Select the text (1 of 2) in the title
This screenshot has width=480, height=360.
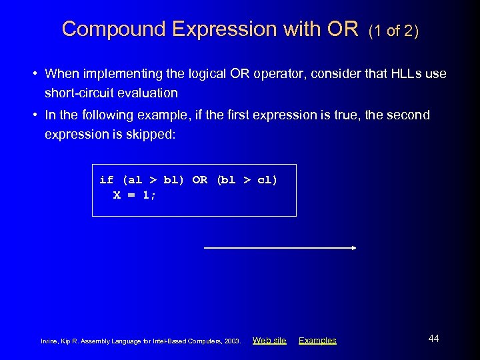point(393,31)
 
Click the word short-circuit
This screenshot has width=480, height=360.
point(79,93)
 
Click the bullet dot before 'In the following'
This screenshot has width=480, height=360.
point(36,115)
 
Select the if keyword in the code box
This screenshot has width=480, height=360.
point(106,180)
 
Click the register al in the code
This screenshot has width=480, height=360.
point(134,180)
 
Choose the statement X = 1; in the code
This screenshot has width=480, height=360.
point(135,195)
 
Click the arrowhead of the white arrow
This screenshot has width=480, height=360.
point(353,248)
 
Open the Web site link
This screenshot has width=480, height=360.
point(269,341)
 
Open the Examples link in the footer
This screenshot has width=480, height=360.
point(317,341)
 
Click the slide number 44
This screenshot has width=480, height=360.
point(433,339)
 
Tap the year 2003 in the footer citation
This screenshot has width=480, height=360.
point(233,341)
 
